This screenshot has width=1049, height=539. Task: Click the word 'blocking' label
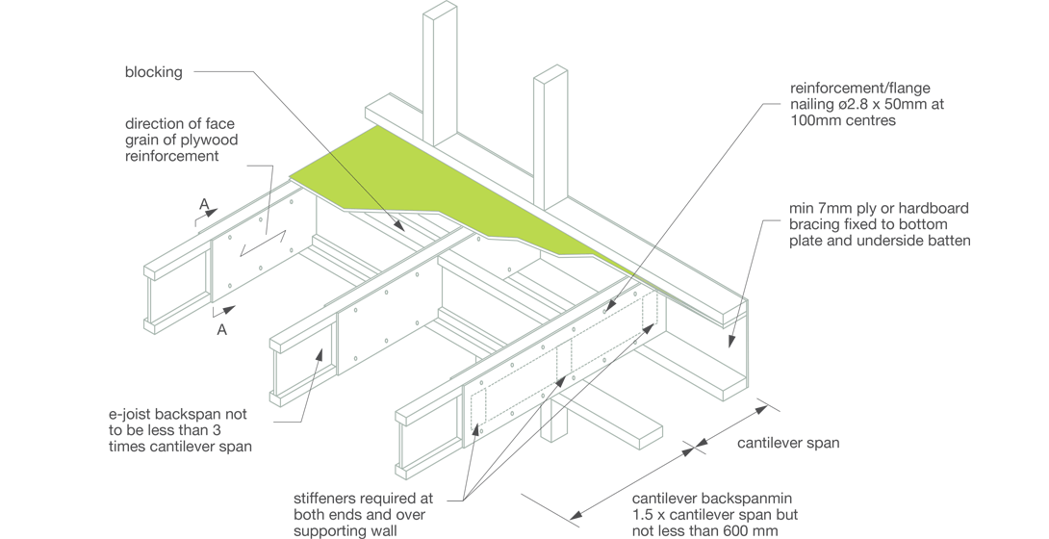tap(153, 72)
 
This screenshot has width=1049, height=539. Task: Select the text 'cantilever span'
tap(788, 443)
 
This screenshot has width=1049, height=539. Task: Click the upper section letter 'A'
tap(204, 204)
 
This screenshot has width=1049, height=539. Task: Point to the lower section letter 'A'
tap(222, 329)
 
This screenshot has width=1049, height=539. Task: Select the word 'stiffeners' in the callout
tap(325, 499)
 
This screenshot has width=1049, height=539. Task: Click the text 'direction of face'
tap(180, 124)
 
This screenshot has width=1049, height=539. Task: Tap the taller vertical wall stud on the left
tap(439, 77)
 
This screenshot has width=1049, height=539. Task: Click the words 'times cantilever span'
tap(180, 447)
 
